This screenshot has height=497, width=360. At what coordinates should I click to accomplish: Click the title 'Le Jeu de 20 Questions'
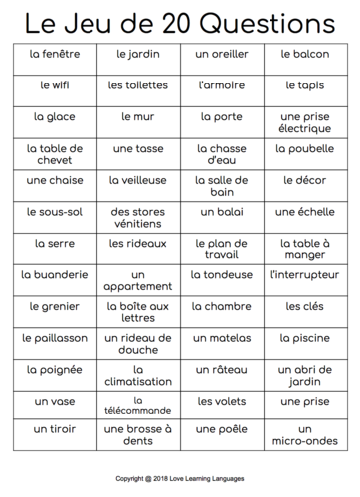click(179, 19)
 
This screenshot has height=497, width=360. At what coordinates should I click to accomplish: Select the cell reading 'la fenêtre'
click(55, 53)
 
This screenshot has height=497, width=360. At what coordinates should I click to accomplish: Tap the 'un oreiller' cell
click(221, 53)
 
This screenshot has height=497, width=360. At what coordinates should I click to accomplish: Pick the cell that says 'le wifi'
click(55, 85)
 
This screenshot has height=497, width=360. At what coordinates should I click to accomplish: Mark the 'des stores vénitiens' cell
click(138, 219)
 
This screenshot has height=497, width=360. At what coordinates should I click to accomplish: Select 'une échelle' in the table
click(304, 212)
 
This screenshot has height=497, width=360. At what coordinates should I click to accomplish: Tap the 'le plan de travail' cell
click(221, 249)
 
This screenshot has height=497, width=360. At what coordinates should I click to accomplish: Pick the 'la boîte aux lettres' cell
click(138, 313)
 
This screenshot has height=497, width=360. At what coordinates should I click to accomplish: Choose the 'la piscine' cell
click(304, 338)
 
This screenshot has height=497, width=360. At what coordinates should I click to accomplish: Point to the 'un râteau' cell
click(221, 370)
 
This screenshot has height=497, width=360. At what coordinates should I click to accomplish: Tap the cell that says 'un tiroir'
click(55, 429)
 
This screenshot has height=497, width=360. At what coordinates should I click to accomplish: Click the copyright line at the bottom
click(179, 478)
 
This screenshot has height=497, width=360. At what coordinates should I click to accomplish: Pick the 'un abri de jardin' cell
click(304, 376)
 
